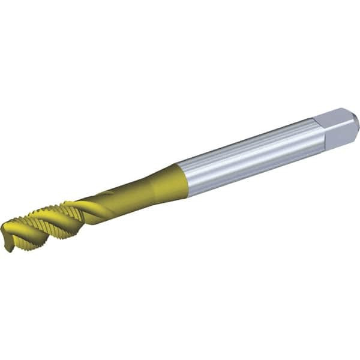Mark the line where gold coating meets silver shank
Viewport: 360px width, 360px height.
(x=183, y=179)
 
